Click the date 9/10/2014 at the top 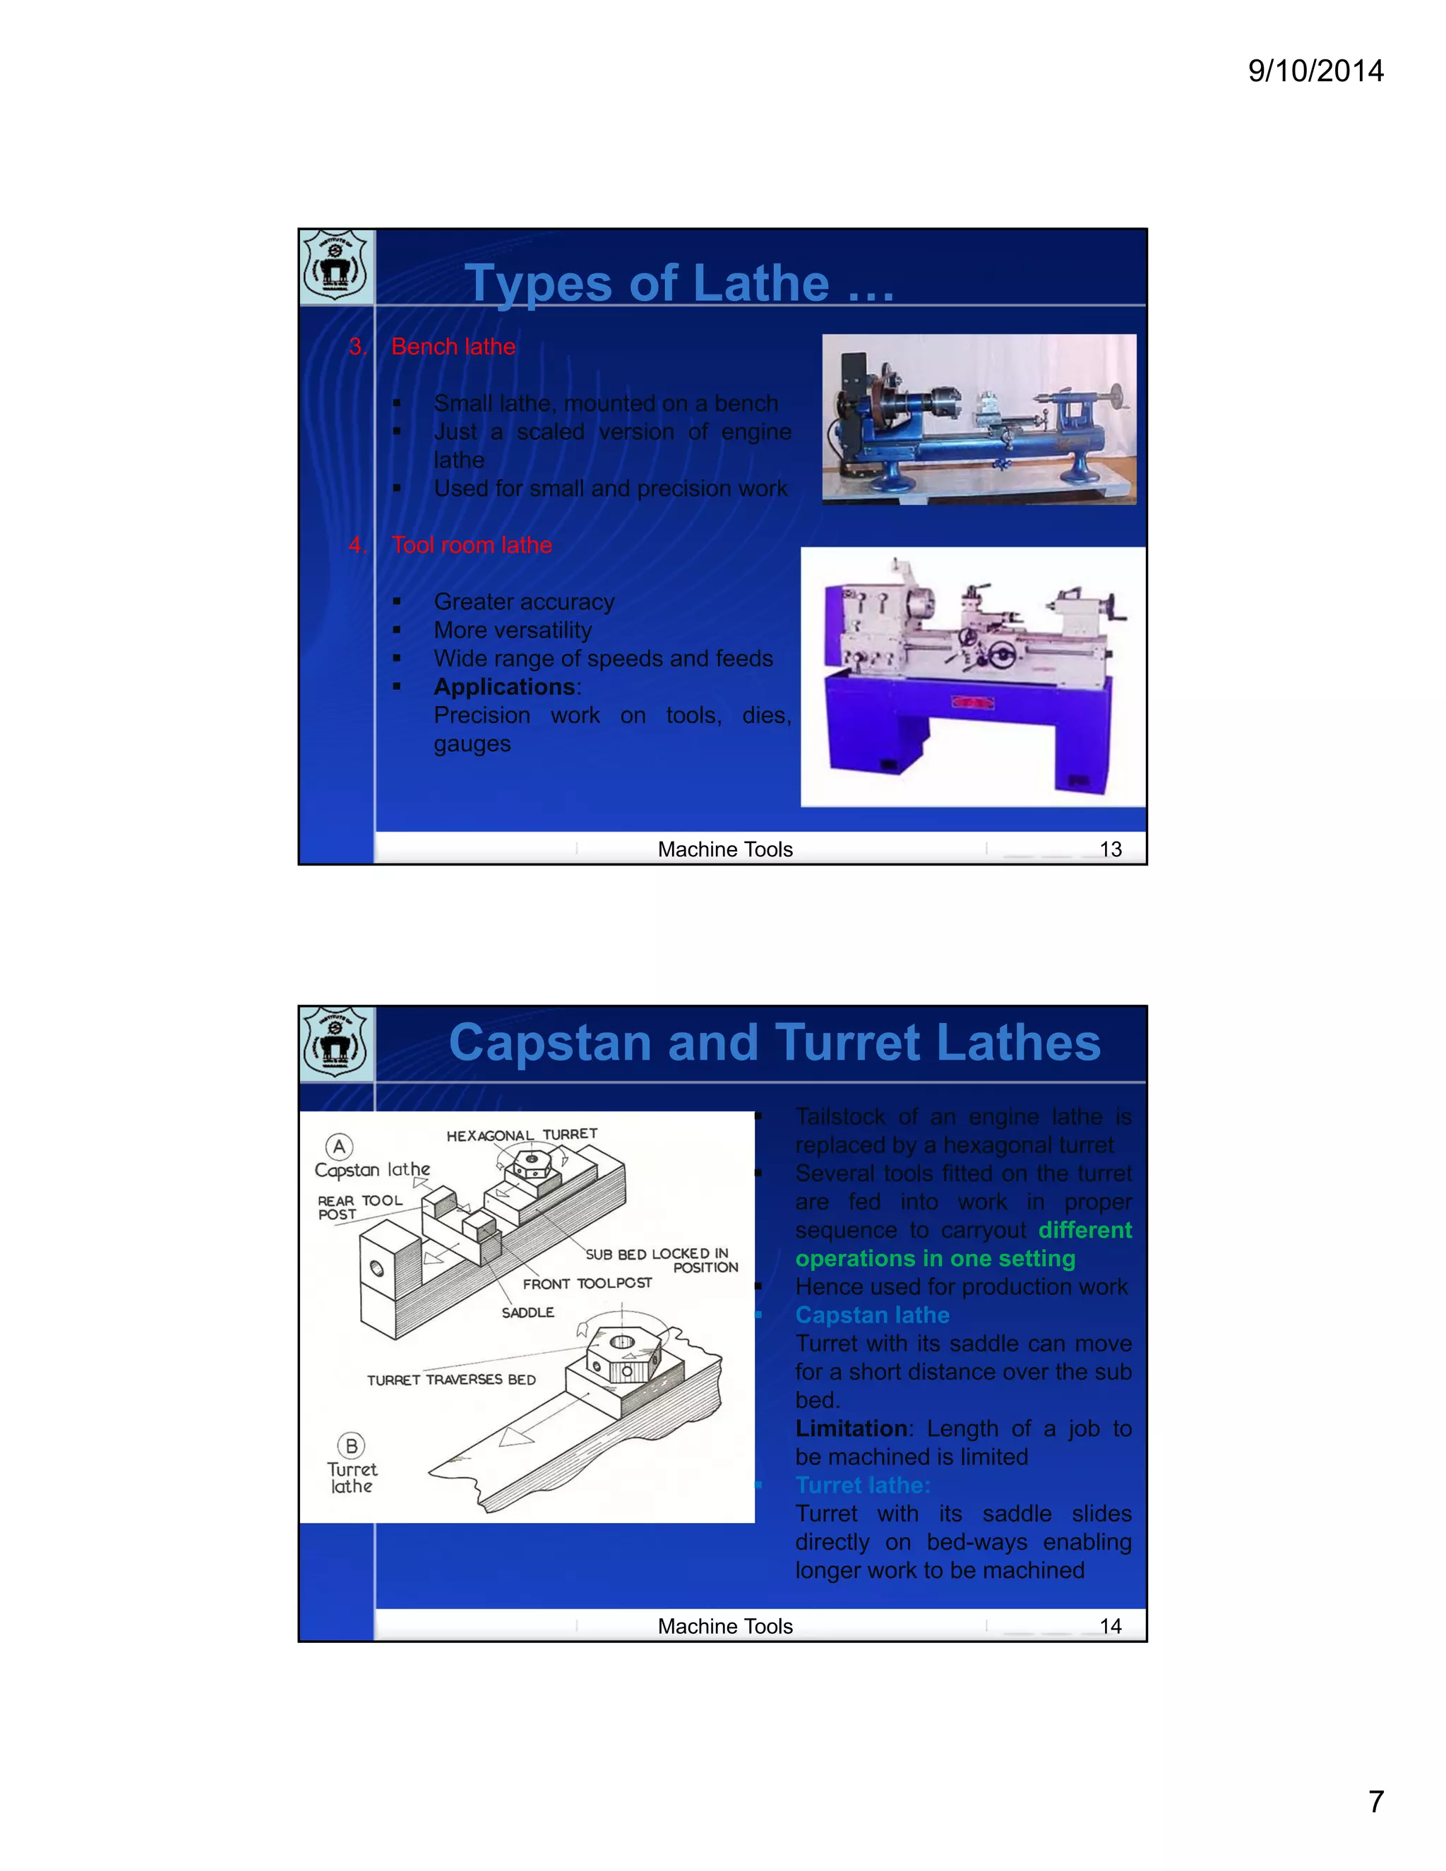(1315, 70)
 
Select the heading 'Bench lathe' (453, 346)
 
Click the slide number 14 (1110, 1626)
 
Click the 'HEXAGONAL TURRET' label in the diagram (522, 1135)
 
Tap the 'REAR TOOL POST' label (358, 1207)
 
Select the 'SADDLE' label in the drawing (527, 1313)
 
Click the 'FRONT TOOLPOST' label (587, 1284)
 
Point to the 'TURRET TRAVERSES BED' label (451, 1380)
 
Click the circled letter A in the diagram (339, 1146)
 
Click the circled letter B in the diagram (351, 1446)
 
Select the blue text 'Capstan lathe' (872, 1315)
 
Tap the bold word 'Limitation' (852, 1428)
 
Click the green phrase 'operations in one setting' (935, 1258)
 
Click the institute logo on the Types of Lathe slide (336, 266)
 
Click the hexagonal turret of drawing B (623, 1354)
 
